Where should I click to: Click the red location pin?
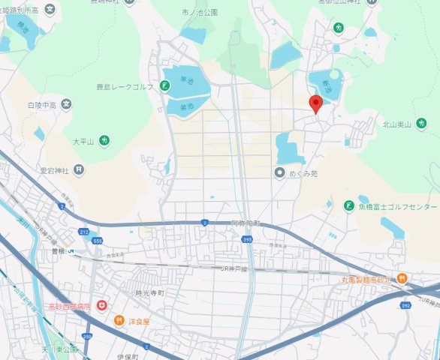click(316, 104)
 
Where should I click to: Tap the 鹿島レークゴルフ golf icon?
click(164, 87)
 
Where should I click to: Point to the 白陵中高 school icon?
click(66, 104)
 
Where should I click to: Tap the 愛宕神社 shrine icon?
click(76, 170)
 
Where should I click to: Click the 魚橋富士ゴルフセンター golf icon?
click(348, 205)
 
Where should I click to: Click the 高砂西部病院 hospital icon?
click(101, 306)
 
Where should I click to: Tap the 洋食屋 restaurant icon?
click(119, 321)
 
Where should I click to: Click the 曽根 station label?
click(58, 250)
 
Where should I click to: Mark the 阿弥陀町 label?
click(245, 223)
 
